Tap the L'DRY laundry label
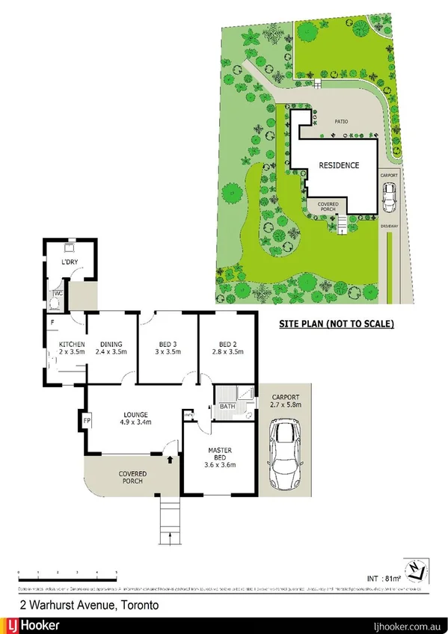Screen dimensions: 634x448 point(70,262)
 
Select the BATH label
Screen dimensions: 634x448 point(226,407)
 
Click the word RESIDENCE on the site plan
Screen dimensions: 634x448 point(339,165)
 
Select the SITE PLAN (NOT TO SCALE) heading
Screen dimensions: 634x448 point(336,324)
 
